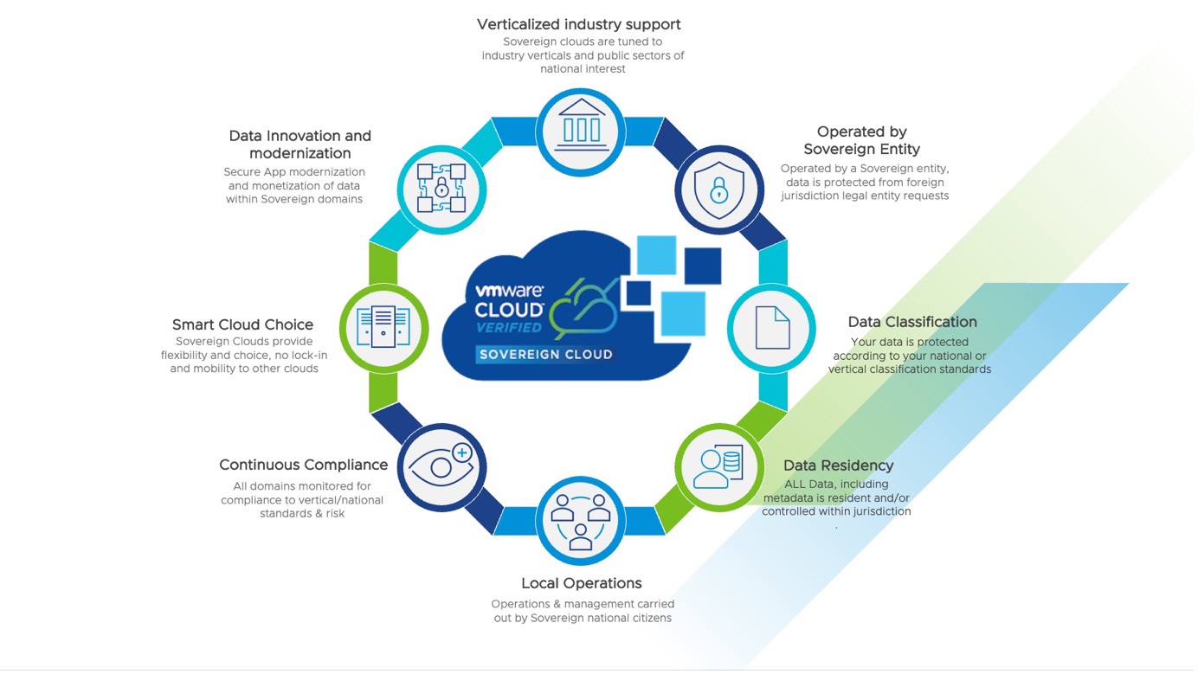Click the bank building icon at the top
coord(581,132)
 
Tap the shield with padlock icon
coord(719,189)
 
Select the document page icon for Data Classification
coord(771,328)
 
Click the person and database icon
coord(719,467)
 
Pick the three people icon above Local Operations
coord(581,521)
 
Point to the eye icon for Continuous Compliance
coord(441,467)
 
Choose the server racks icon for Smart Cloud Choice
coord(383,328)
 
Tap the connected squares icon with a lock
coord(441,188)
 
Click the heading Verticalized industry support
coord(579,24)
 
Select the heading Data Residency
coord(838,465)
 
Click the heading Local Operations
coord(581,583)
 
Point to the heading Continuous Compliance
coord(303,465)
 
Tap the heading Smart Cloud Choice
coord(242,324)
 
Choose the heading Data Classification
coord(912,322)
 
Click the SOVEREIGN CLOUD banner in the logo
coord(545,354)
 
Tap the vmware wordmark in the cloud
coord(509,292)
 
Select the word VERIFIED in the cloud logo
coord(509,327)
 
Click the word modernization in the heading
coord(300,153)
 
